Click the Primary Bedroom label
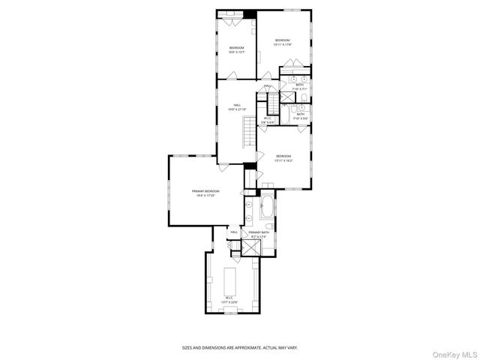coord(206,193)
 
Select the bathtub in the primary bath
coord(268,208)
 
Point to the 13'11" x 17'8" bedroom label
coord(282,43)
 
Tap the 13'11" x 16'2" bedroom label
coord(283,159)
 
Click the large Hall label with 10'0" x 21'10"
coord(237,107)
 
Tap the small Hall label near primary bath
coord(234,232)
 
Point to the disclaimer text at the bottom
coord(240,348)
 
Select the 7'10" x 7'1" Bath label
coord(299,87)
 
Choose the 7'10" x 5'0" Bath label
coord(299,115)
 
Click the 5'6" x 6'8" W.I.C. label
coord(266,119)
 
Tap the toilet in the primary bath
coord(268,226)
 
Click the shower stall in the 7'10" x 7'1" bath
coord(287,97)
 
